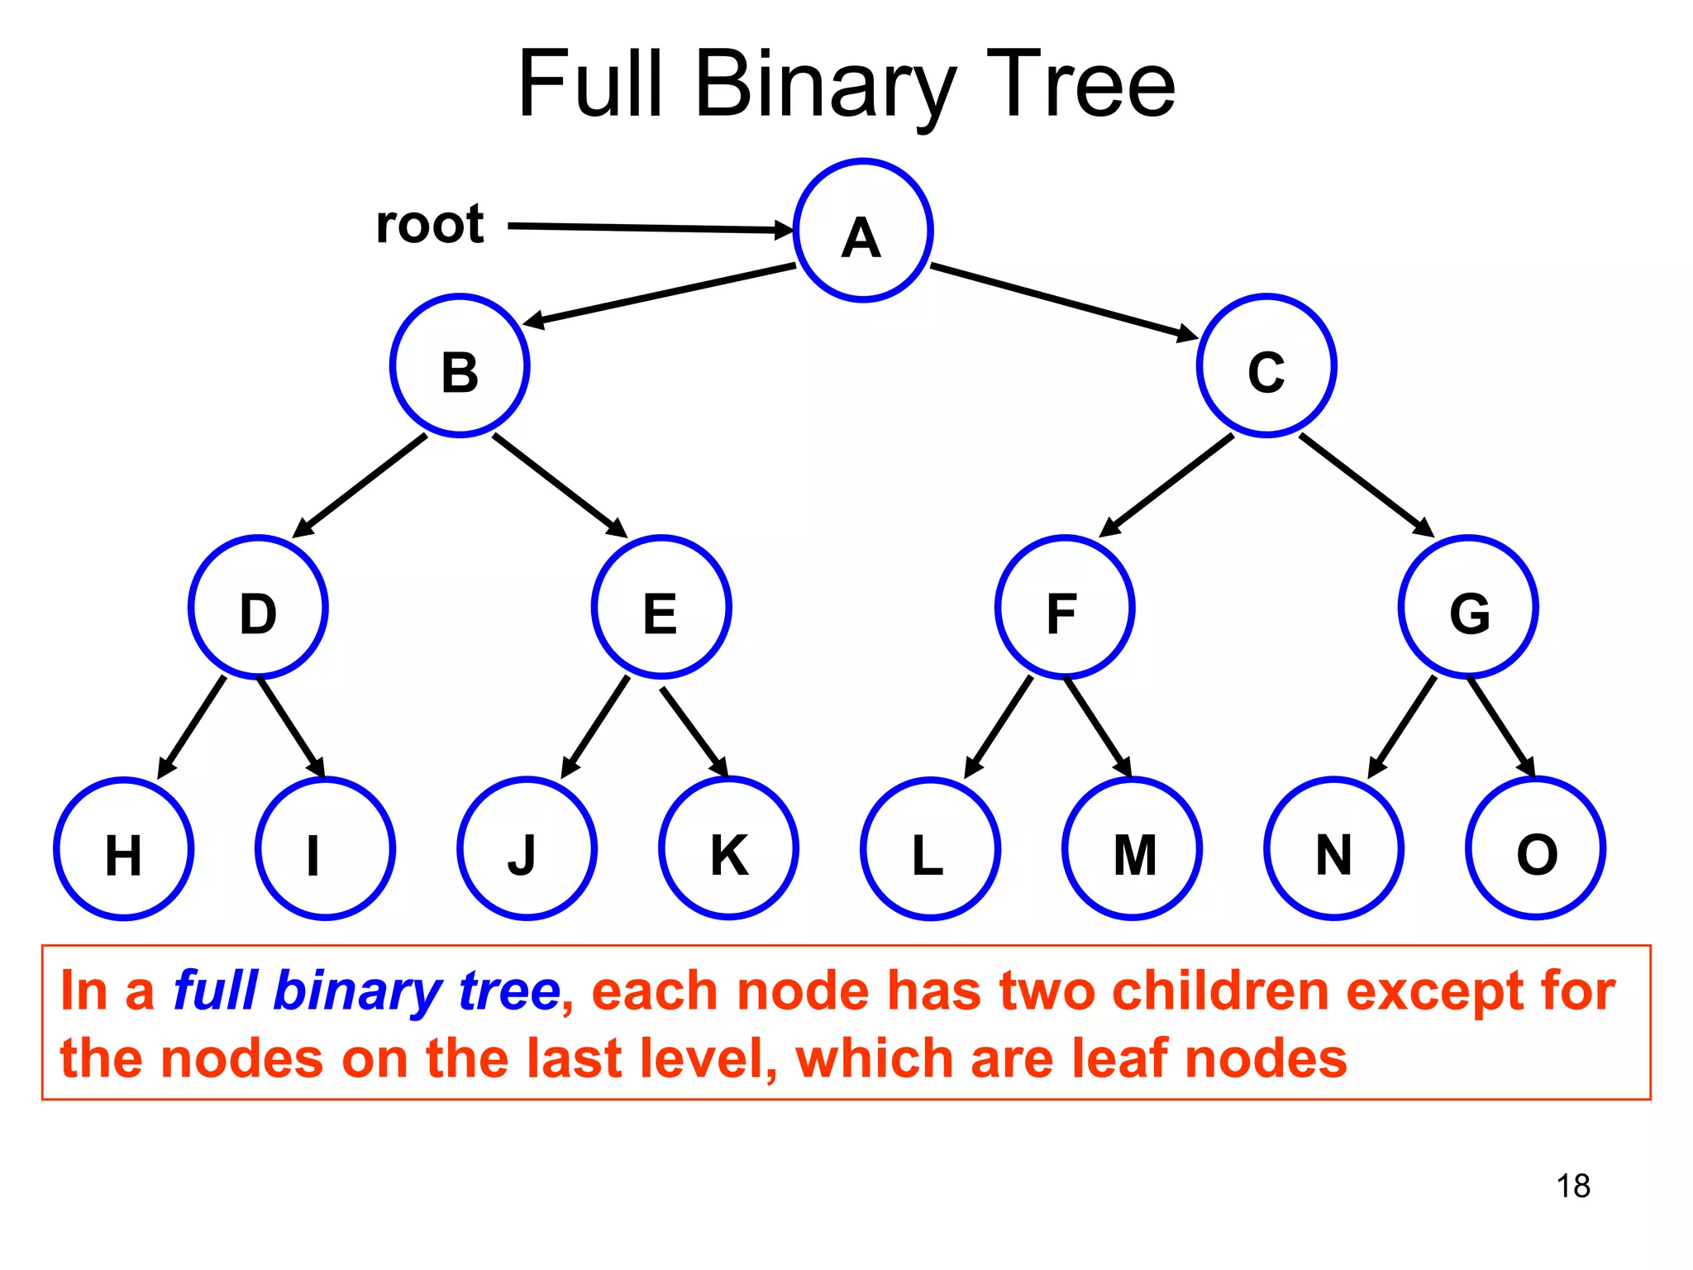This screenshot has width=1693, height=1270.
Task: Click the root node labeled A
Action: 862,231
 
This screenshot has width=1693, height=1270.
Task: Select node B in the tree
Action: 460,366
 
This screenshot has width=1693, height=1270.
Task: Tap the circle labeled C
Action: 1266,366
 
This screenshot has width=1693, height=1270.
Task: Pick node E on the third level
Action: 661,608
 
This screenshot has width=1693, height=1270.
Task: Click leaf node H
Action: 124,849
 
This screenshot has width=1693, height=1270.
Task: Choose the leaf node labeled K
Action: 728,849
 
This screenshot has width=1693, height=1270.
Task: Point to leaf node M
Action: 1132,849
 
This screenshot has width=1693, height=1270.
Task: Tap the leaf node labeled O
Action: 1535,849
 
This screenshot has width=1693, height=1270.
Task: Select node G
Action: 1468,608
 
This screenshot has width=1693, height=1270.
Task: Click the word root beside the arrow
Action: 429,224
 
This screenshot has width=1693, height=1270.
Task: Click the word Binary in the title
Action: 825,85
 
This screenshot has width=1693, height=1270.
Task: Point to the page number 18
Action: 1572,1186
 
